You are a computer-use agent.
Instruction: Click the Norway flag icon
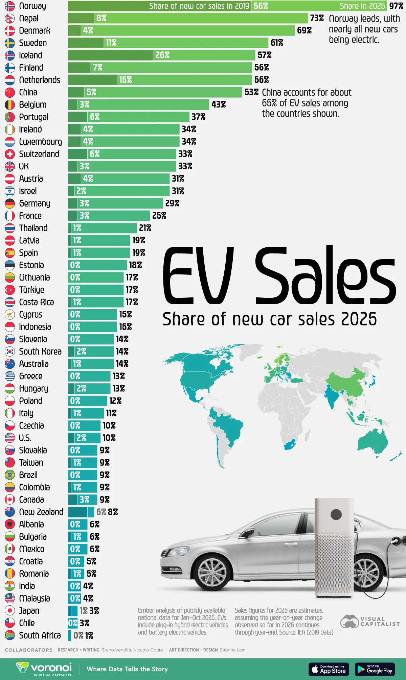click(10, 6)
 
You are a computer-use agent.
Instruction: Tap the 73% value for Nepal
click(317, 18)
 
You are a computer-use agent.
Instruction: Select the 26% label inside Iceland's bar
click(162, 55)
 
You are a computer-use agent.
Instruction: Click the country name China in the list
click(28, 92)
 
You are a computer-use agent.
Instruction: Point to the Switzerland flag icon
click(10, 154)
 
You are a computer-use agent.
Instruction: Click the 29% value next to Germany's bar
click(172, 203)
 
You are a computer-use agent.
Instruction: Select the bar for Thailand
click(102, 228)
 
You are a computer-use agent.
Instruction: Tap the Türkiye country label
click(31, 290)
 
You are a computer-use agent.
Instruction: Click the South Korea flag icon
click(10, 351)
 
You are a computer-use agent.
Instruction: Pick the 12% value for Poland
click(115, 401)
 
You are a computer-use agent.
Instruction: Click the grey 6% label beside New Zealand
click(101, 512)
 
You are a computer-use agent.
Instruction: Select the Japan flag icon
click(10, 611)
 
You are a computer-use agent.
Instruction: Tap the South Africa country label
click(40, 635)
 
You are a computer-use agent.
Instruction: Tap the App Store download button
click(329, 669)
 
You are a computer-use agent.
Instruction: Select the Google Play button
click(375, 669)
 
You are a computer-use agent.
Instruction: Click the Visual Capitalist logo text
click(380, 622)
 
